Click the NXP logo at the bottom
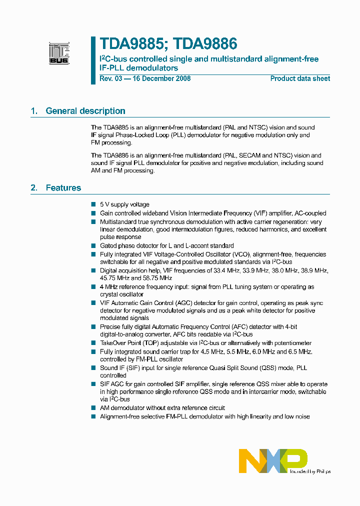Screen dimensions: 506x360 (x=272, y=460)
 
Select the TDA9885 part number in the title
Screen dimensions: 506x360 (x=131, y=44)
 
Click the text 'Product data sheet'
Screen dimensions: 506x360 (x=300, y=78)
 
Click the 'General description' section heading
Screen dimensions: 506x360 (x=85, y=111)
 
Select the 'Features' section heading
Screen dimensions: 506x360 (x=63, y=188)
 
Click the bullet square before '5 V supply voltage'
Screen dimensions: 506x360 (x=93, y=204)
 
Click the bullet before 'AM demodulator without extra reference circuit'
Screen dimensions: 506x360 (x=93, y=408)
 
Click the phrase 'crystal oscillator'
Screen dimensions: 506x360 (x=122, y=294)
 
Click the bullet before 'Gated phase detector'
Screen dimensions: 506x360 (x=93, y=245)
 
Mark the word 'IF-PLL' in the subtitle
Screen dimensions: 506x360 (x=112, y=67)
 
